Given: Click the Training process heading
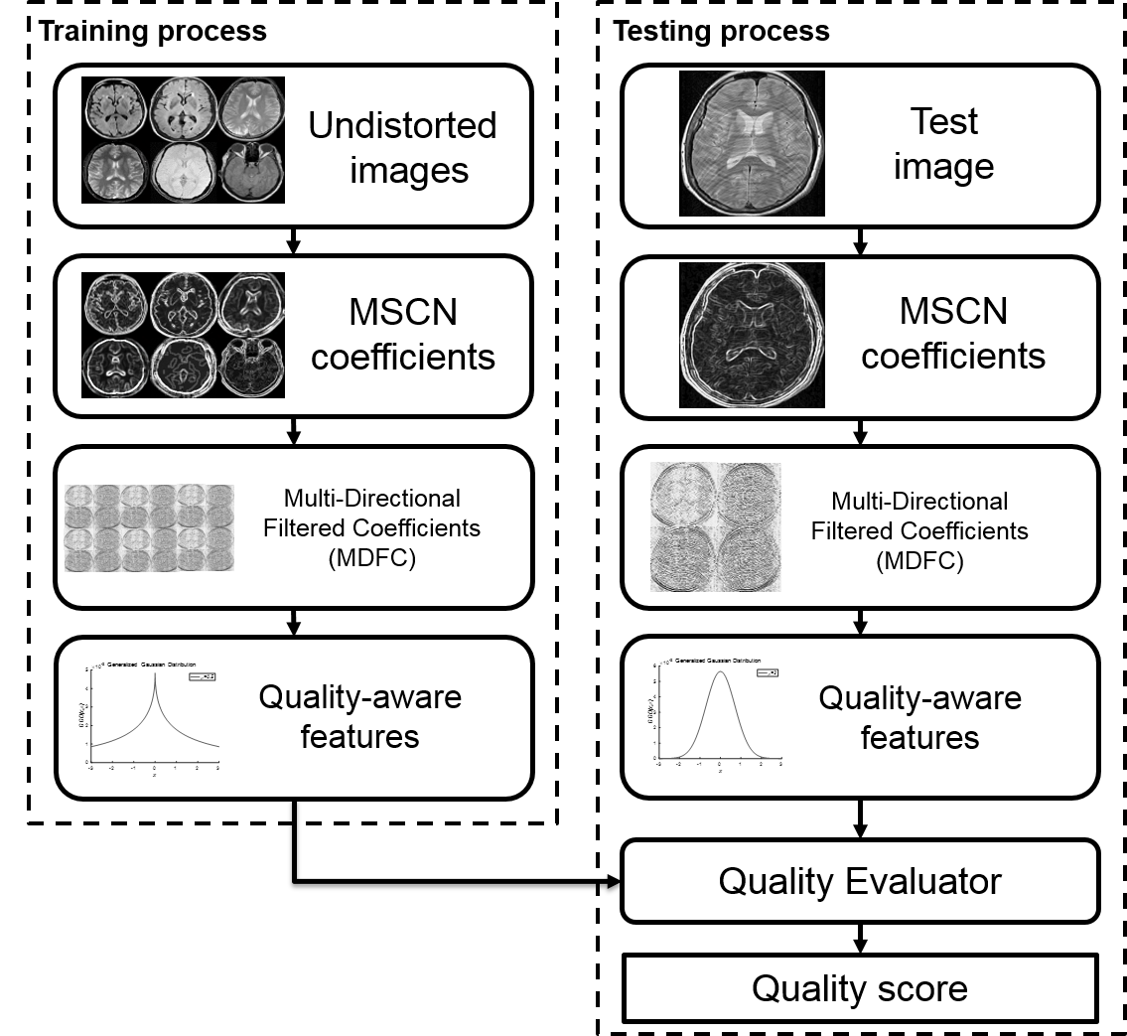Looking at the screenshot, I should tap(152, 31).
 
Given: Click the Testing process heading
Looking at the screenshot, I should tap(721, 31).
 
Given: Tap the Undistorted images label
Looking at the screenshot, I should tap(402, 147).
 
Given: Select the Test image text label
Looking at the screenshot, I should tap(943, 144).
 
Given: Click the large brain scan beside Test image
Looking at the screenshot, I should tap(752, 144).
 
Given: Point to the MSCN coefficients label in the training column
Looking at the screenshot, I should tap(402, 333).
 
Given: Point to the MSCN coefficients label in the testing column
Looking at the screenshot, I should tap(952, 333).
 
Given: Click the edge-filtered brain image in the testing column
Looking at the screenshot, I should tap(752, 335).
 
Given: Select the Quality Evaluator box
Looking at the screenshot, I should tap(860, 880).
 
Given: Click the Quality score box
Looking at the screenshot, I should tap(860, 988).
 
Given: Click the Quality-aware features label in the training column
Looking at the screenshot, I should tap(359, 716).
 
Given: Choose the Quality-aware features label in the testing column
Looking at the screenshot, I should tap(919, 716).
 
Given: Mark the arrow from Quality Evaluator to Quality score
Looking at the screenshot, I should tap(860, 937).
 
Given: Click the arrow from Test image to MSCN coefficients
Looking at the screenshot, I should tap(860, 239).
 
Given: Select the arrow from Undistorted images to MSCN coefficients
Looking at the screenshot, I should tap(294, 239).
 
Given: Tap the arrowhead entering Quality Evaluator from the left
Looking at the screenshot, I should tap(613, 881).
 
